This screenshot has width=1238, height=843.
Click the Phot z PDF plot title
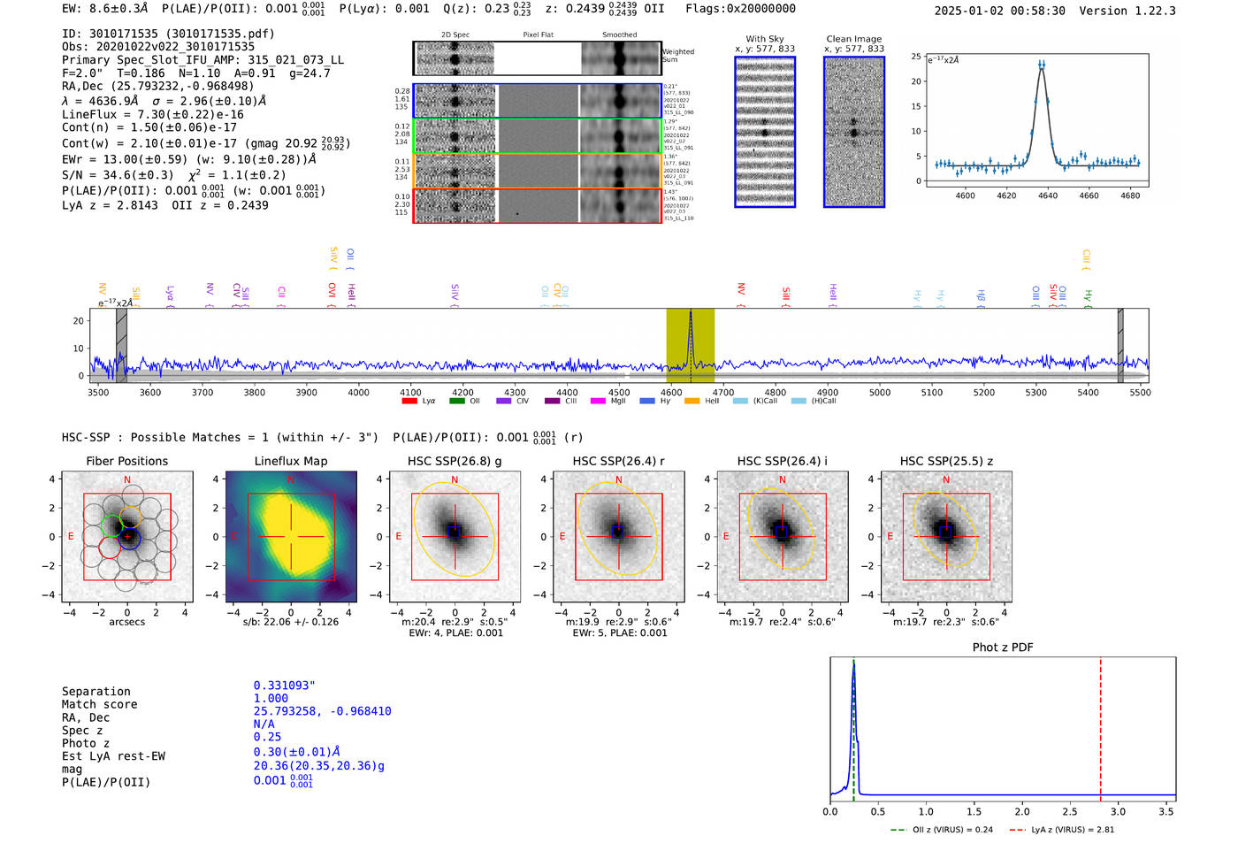[x=1002, y=648]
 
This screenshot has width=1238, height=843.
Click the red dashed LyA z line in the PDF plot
[x=1100, y=725]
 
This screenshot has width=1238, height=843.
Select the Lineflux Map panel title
[x=290, y=461]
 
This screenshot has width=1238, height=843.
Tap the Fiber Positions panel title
[x=126, y=461]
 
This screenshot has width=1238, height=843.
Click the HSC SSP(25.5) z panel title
[x=946, y=461]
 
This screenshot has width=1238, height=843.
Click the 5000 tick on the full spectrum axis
[x=879, y=393]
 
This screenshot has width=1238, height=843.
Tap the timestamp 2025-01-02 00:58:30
[x=999, y=11]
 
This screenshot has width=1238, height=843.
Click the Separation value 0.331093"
[x=284, y=686]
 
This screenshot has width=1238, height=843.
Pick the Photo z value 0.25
[x=267, y=737]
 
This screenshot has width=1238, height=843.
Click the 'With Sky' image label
[x=764, y=39]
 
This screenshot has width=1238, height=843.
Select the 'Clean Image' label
[x=853, y=39]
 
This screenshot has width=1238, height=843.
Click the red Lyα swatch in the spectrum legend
[x=409, y=401]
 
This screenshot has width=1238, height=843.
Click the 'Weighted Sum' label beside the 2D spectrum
[x=677, y=56]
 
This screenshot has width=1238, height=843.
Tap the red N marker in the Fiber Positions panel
[x=127, y=480]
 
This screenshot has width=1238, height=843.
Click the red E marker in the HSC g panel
[x=399, y=537]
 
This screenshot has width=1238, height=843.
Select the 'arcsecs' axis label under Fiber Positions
[x=126, y=622]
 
